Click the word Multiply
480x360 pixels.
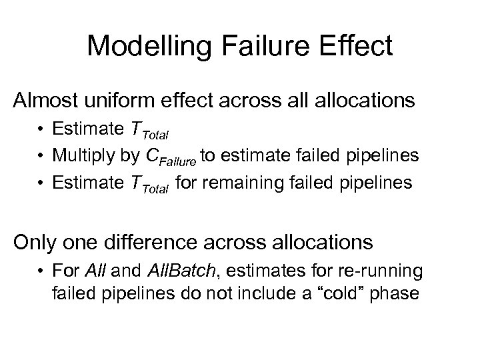(83, 157)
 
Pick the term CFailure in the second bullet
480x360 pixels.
(172, 157)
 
